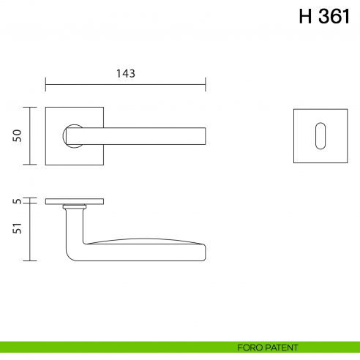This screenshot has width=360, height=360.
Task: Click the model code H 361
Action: (324, 18)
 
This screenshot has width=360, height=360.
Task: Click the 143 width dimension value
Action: (126, 73)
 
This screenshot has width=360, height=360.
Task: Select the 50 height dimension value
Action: (18, 135)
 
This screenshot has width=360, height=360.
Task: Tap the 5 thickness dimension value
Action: (18, 200)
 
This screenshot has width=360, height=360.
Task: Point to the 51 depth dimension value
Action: (18, 228)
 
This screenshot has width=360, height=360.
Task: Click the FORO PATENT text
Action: (268, 348)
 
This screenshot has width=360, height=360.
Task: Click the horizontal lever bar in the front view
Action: (146, 136)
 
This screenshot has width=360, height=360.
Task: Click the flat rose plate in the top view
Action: (75, 200)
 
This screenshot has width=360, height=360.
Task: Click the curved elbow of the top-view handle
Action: (73, 252)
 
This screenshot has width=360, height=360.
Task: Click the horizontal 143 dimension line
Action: (126, 83)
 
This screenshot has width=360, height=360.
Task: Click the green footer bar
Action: (110, 348)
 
